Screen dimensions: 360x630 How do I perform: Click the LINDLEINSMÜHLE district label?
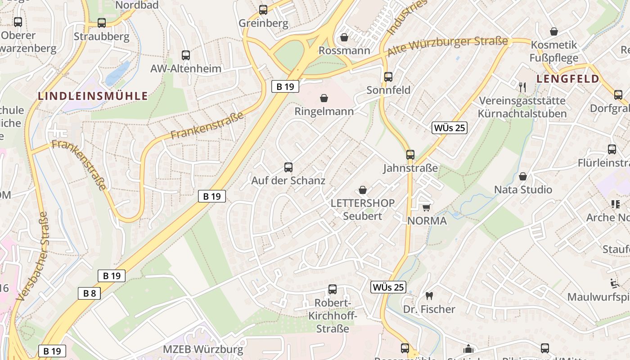click(x=93, y=96)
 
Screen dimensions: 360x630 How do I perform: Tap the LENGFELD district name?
click(x=568, y=79)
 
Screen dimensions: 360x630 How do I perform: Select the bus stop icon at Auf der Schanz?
click(x=288, y=167)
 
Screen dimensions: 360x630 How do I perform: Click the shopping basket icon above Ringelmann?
click(x=324, y=98)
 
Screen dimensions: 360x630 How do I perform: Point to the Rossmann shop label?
click(x=344, y=50)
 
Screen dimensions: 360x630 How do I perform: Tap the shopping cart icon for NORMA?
click(x=426, y=207)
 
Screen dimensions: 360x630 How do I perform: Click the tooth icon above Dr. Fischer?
click(x=429, y=296)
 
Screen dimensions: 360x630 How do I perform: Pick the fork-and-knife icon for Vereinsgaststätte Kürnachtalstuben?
click(x=522, y=87)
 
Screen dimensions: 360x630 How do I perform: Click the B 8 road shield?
click(x=89, y=293)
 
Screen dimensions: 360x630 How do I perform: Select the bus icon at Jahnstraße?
click(x=410, y=155)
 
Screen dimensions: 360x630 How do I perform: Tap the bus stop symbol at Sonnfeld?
click(x=388, y=77)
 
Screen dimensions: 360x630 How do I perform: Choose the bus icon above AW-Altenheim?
click(x=185, y=55)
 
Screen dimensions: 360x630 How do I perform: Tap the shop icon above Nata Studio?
click(x=523, y=176)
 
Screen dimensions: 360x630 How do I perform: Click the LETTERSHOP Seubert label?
click(x=362, y=209)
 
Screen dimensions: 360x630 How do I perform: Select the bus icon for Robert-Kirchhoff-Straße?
click(x=332, y=289)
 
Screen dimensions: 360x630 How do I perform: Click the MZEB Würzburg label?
click(x=203, y=349)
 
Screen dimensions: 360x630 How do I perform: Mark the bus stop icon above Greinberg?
click(x=263, y=9)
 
